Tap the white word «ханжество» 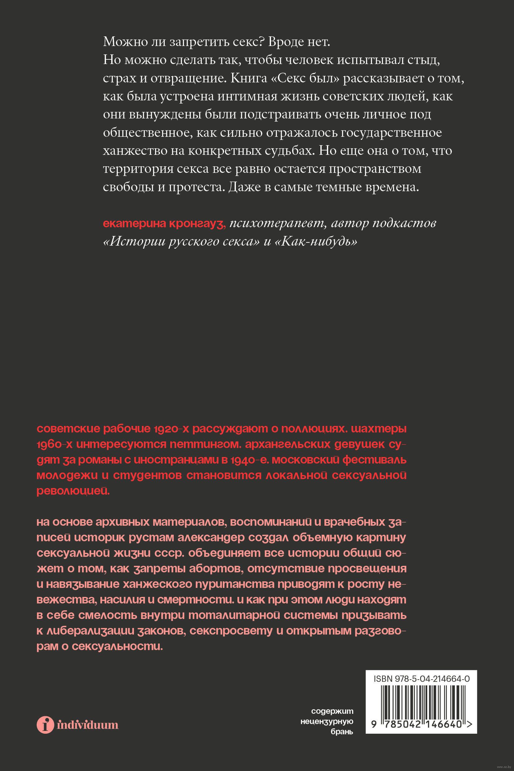point(134,151)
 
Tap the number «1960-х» point(54,444)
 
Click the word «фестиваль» point(374,460)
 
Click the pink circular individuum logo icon point(45,724)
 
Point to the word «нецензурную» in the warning point(327,721)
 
